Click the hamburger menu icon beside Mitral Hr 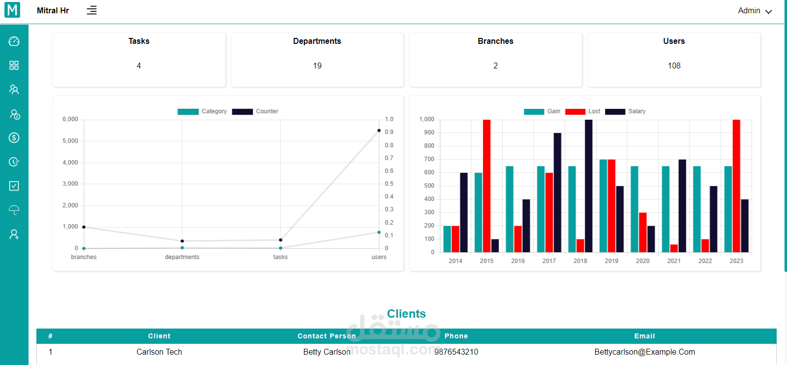(x=91, y=10)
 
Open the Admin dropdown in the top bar (x=755, y=11)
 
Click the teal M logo (x=12, y=10)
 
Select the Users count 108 (x=674, y=66)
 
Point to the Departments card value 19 (x=317, y=66)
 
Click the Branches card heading (x=495, y=41)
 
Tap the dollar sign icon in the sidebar (x=14, y=137)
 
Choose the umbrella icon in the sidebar (x=14, y=210)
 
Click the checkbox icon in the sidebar (x=14, y=186)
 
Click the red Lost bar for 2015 (x=486, y=186)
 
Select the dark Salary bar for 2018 (x=588, y=186)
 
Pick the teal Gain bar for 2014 (x=447, y=239)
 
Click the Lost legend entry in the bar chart (x=583, y=111)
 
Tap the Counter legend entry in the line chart (x=255, y=111)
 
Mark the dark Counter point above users (x=379, y=131)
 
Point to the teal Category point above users (x=379, y=232)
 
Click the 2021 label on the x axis (x=674, y=261)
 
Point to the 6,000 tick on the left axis (x=70, y=119)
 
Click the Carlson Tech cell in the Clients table (x=159, y=352)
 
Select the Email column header (x=644, y=336)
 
